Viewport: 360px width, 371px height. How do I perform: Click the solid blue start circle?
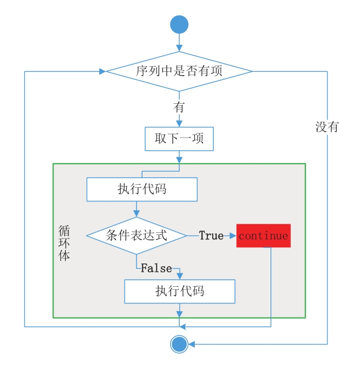pyautogui.click(x=179, y=24)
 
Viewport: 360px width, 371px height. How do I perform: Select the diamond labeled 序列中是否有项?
pyautogui.click(x=179, y=71)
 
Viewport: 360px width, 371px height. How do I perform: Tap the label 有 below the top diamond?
pyautogui.click(x=179, y=107)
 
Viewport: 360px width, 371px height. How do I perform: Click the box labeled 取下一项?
pyautogui.click(x=179, y=139)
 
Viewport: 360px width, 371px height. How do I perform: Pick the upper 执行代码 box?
pyautogui.click(x=142, y=190)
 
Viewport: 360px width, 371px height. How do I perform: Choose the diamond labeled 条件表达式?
pyautogui.click(x=137, y=236)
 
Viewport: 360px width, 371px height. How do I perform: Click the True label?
pyautogui.click(x=211, y=236)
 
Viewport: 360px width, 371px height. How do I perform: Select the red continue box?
pyautogui.click(x=263, y=236)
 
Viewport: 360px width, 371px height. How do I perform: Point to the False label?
pyautogui.click(x=157, y=268)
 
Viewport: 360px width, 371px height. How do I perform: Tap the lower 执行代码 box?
pyautogui.click(x=180, y=291)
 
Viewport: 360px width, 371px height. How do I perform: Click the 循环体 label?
pyautogui.click(x=64, y=243)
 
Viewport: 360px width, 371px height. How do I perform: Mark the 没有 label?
pyautogui.click(x=327, y=127)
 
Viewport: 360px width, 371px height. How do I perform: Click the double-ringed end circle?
pyautogui.click(x=179, y=343)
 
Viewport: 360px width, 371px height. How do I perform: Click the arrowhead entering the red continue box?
pyautogui.click(x=233, y=236)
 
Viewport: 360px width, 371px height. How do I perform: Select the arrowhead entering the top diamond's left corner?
pyautogui.click(x=103, y=71)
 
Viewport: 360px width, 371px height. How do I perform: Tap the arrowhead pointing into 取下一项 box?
pyautogui.click(x=179, y=124)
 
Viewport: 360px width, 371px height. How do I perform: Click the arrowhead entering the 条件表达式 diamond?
pyautogui.click(x=137, y=214)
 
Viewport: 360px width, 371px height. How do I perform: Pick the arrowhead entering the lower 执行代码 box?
pyautogui.click(x=180, y=276)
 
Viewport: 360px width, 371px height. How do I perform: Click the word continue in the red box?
pyautogui.click(x=263, y=236)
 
